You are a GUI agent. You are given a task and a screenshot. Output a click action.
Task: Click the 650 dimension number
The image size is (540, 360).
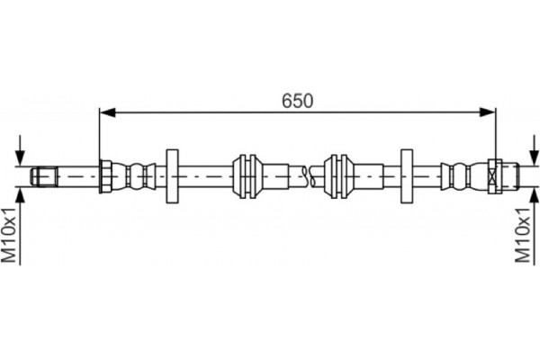pos(297,101)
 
